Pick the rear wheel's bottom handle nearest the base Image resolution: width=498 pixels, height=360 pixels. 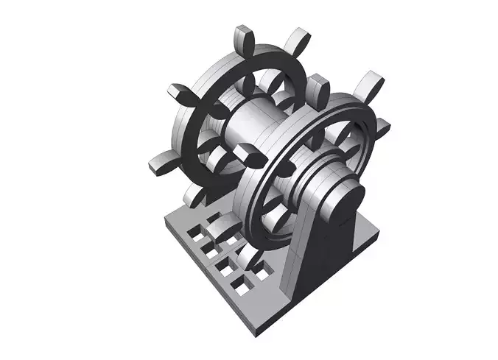[194, 194]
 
